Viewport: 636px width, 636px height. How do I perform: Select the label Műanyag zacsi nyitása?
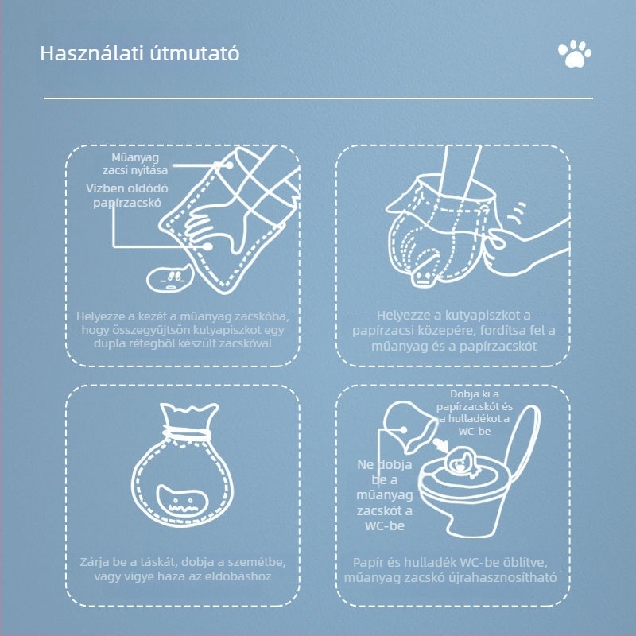click(x=135, y=163)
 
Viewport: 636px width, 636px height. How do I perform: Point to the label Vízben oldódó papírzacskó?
click(x=125, y=195)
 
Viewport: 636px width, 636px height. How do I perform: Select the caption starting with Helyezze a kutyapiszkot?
click(x=453, y=330)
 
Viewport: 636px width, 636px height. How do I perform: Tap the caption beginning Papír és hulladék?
click(x=453, y=570)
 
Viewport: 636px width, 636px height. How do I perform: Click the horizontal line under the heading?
click(x=318, y=99)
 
